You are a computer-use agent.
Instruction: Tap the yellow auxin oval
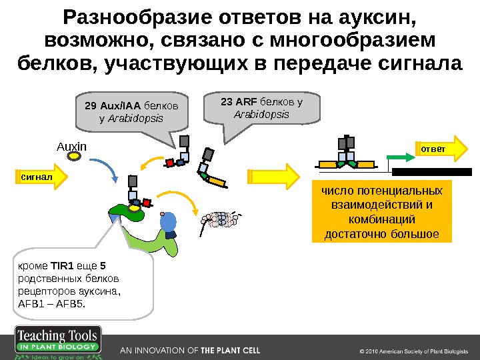[75, 158]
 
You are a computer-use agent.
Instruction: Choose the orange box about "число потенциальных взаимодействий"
[381, 213]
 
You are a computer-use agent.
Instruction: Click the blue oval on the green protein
[169, 222]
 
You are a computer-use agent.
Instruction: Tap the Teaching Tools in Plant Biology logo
[58, 343]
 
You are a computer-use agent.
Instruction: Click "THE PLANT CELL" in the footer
[230, 350]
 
